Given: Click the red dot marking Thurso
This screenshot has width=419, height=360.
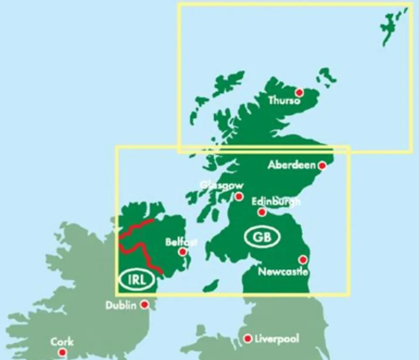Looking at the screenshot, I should point(299,92).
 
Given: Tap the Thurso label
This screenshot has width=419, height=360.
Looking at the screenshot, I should point(285,101).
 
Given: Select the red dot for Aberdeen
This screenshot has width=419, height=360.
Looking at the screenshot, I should point(322,166).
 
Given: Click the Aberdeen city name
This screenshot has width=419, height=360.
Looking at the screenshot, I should point(292,165).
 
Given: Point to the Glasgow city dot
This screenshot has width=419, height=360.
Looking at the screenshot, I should point(239,196).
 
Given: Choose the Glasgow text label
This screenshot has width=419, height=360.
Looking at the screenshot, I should point(222,185).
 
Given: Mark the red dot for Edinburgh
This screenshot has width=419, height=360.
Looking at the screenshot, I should point(262,212).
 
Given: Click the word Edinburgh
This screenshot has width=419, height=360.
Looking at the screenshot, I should point(276,202).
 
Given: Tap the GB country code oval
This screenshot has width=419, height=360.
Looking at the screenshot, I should point(262,237).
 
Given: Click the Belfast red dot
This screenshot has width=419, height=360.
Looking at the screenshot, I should point(183,252).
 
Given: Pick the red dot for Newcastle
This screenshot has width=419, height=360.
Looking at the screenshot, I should point(303,260).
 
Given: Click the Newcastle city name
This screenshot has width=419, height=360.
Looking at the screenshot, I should point(283,271).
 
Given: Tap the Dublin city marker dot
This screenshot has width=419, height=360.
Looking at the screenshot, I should point(145,304).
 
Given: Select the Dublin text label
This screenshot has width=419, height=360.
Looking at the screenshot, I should point(121,305).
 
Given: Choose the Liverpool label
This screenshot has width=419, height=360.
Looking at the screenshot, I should point(277,339).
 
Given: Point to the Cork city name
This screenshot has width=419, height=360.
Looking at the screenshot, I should point(62,342).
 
